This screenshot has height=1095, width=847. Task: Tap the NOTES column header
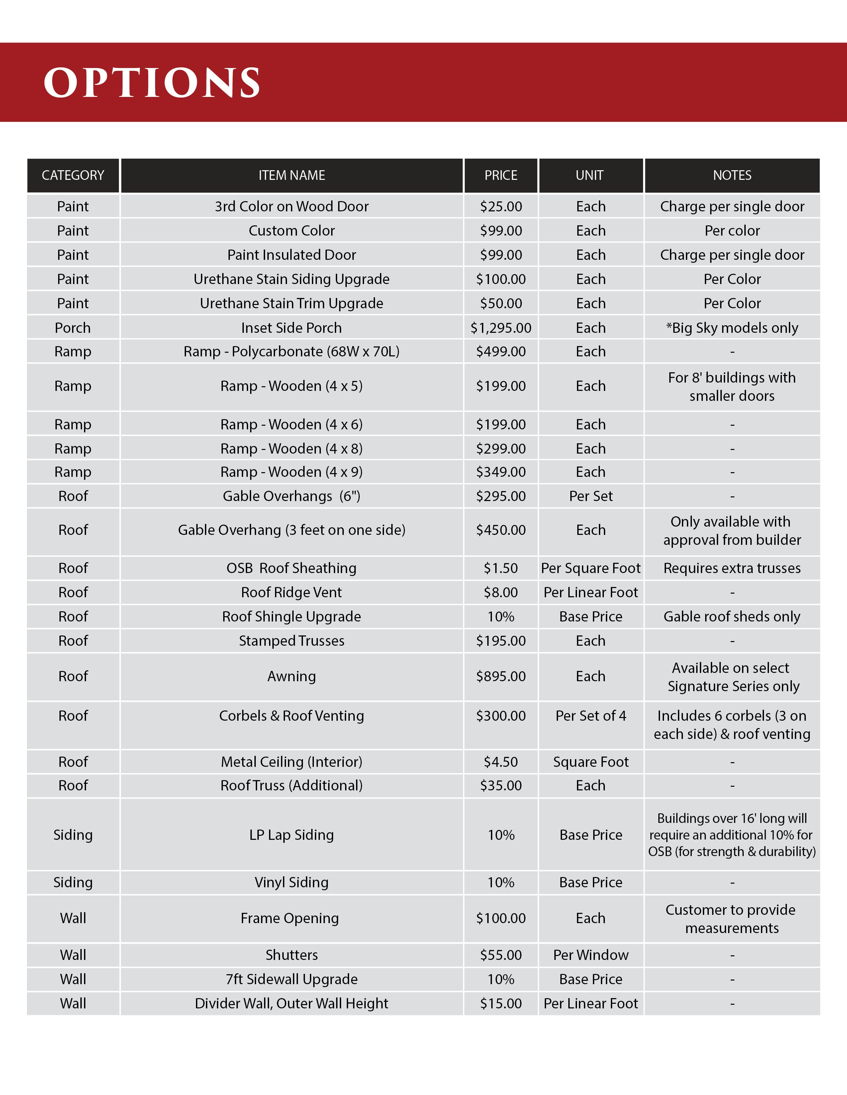click(x=732, y=176)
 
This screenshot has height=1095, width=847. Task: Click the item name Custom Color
click(x=292, y=231)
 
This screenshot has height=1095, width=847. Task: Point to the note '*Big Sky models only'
click(x=732, y=328)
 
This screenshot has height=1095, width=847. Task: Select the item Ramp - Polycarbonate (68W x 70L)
click(x=292, y=351)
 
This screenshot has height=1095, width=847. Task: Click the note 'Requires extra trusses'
click(x=732, y=568)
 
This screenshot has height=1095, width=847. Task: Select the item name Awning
click(x=292, y=676)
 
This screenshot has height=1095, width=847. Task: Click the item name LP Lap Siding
click(x=292, y=835)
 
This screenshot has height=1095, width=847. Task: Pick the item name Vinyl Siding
click(x=292, y=882)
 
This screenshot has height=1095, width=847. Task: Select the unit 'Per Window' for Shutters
click(x=591, y=955)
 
